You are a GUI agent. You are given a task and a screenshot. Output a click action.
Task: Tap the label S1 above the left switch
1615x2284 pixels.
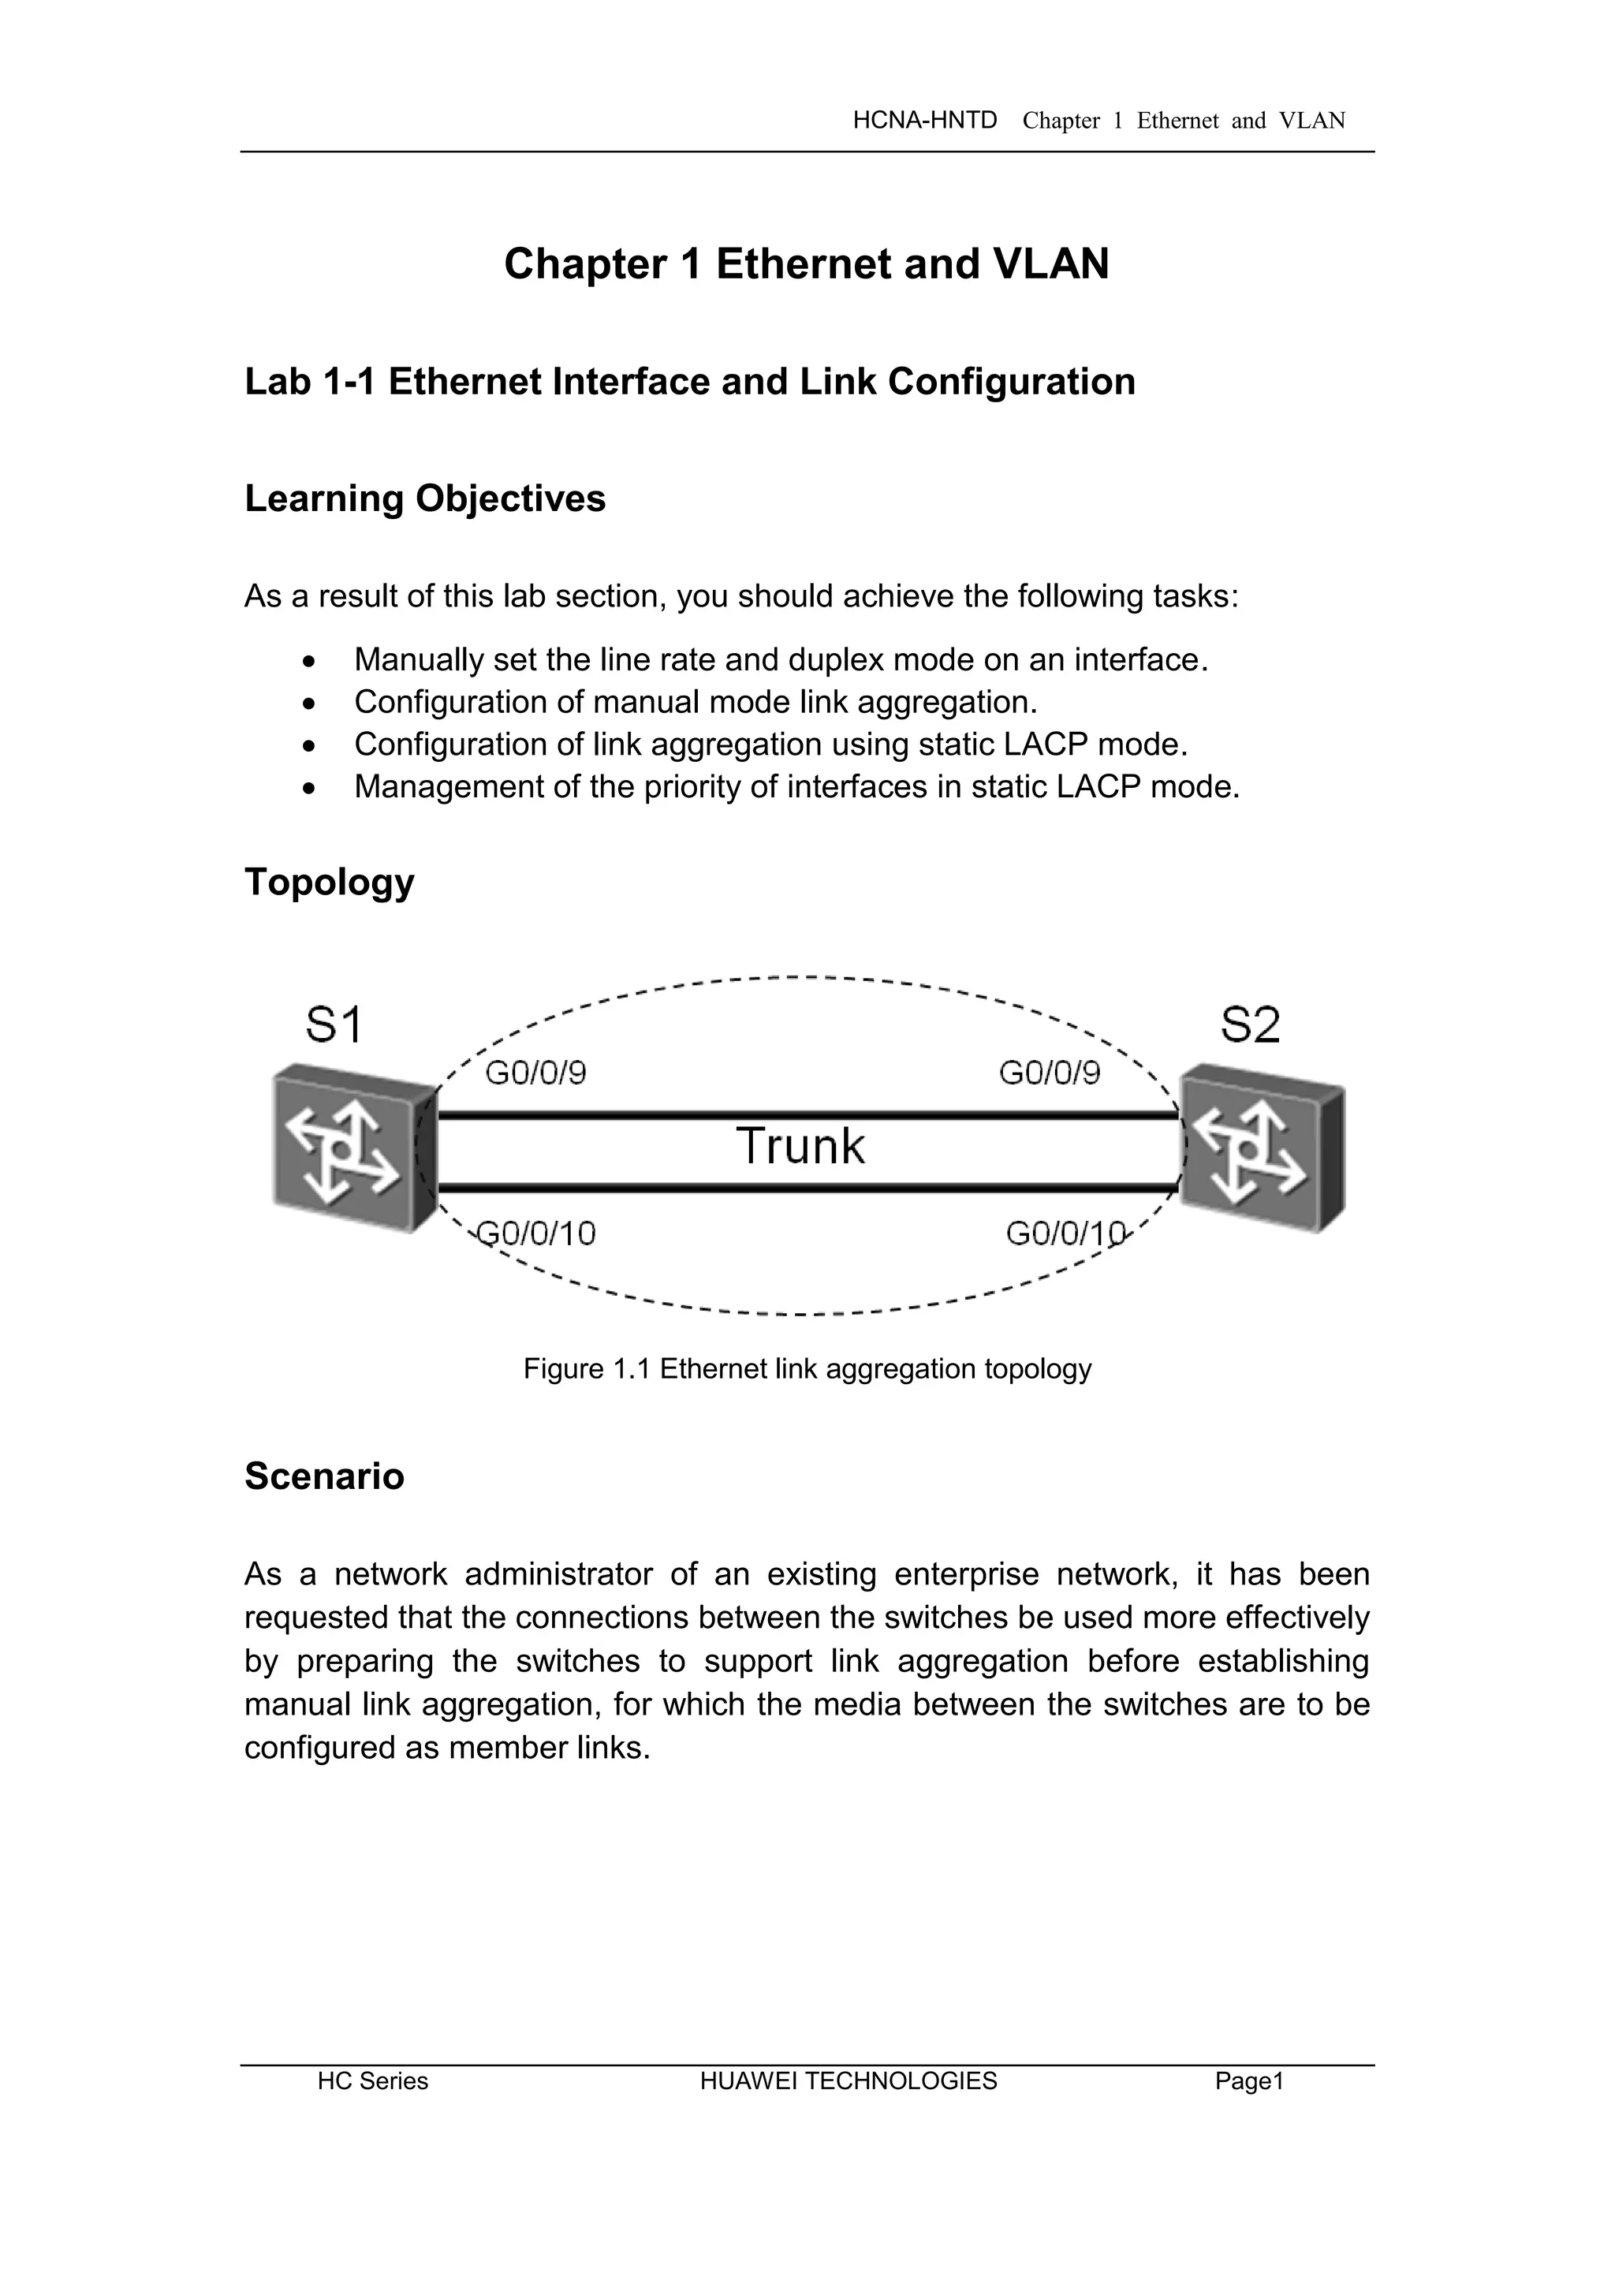(x=333, y=1024)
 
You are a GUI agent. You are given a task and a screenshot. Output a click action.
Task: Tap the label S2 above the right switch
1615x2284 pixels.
(x=1250, y=1024)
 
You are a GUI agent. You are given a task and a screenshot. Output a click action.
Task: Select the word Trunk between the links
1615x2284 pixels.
(x=800, y=1146)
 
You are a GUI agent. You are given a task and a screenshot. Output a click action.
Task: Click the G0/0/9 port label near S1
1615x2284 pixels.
(x=535, y=1073)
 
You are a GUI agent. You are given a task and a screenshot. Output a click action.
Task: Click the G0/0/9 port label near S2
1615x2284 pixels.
(x=1049, y=1073)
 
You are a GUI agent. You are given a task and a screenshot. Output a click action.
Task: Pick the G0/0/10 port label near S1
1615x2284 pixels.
(x=537, y=1233)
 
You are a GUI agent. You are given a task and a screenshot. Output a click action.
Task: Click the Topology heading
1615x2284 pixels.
(x=329, y=883)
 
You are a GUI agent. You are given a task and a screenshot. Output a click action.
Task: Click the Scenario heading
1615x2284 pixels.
(x=324, y=1476)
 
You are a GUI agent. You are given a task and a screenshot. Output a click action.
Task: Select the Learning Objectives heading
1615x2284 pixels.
(x=424, y=498)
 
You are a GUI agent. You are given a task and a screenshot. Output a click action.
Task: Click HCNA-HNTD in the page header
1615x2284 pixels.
(x=925, y=121)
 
